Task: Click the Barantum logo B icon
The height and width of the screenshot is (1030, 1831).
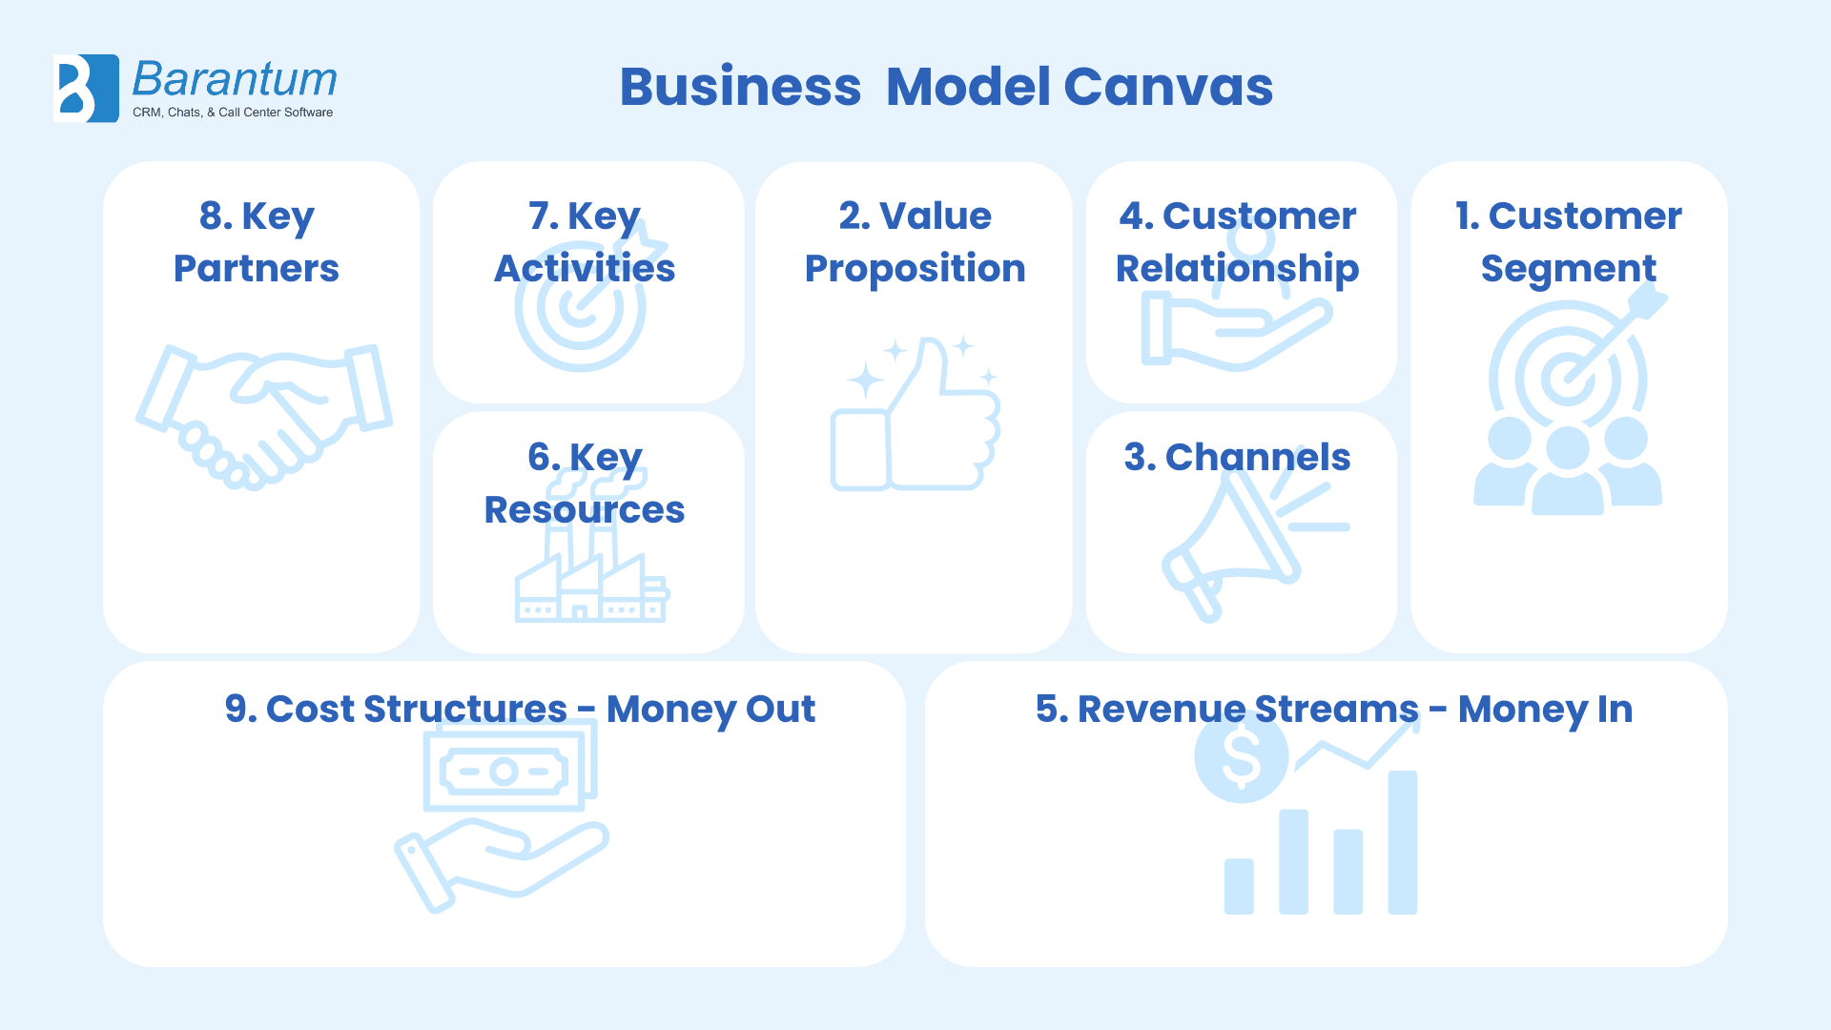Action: (86, 88)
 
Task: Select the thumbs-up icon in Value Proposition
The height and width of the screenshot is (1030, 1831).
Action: (915, 415)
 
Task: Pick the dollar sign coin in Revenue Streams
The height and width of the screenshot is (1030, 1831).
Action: (1241, 756)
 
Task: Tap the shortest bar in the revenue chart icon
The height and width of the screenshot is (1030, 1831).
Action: (1239, 886)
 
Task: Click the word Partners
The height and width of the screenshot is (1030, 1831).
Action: (256, 269)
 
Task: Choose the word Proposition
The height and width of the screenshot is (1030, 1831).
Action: (915, 269)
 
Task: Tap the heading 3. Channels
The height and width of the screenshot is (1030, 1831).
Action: (1237, 458)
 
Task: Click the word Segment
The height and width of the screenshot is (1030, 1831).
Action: (1568, 269)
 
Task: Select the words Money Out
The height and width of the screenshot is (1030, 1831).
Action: (710, 710)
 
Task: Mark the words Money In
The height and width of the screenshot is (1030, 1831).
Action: (1545, 710)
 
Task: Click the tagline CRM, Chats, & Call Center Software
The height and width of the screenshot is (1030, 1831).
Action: (233, 113)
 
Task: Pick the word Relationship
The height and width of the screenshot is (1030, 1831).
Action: (1237, 269)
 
